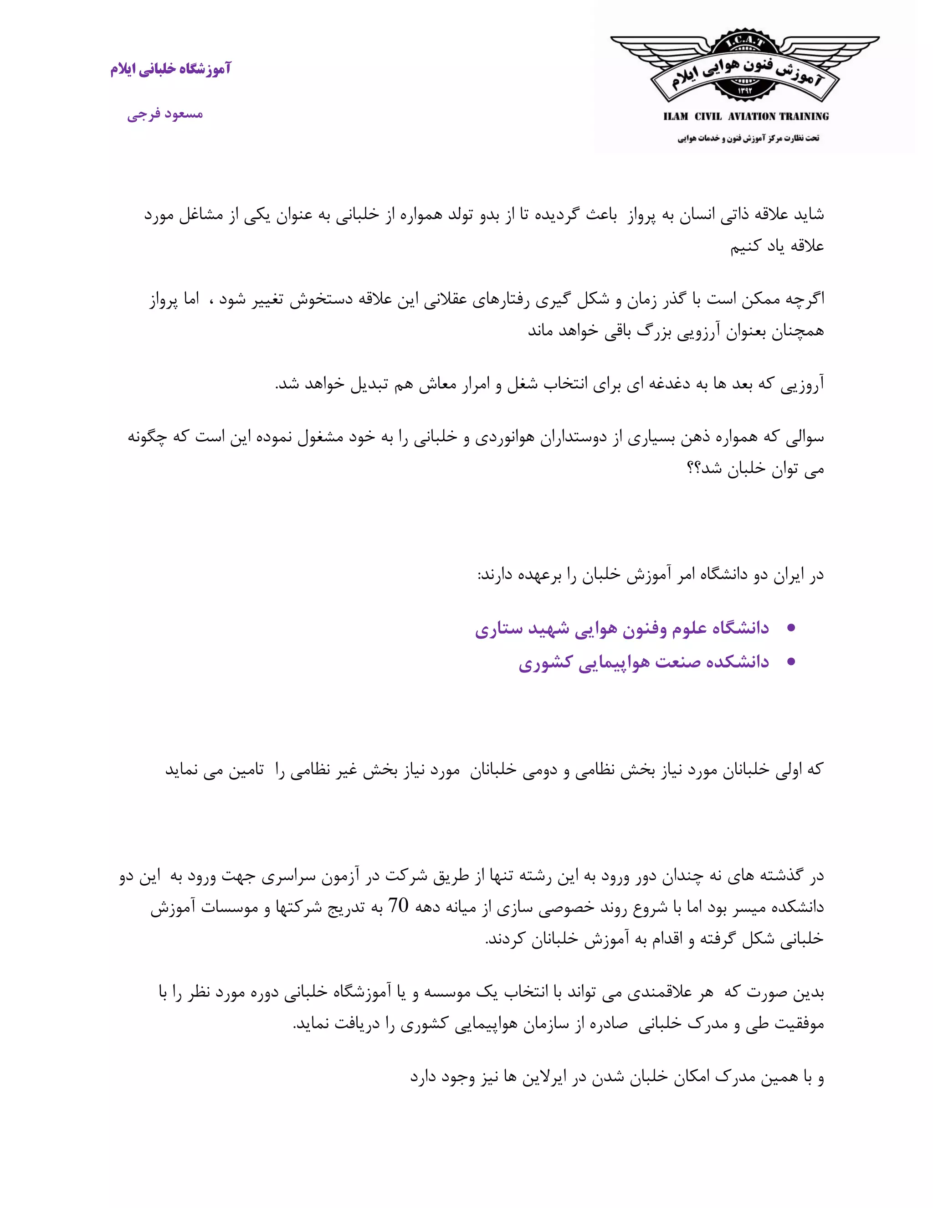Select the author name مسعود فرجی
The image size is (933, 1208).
coord(165,114)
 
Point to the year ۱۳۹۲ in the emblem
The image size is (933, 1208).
coord(744,91)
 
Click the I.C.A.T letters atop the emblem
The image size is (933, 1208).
coord(744,41)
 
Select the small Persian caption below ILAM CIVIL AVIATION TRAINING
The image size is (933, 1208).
coord(748,138)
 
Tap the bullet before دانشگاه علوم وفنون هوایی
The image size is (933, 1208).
coord(791,628)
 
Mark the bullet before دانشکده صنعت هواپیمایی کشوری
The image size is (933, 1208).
coord(791,661)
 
